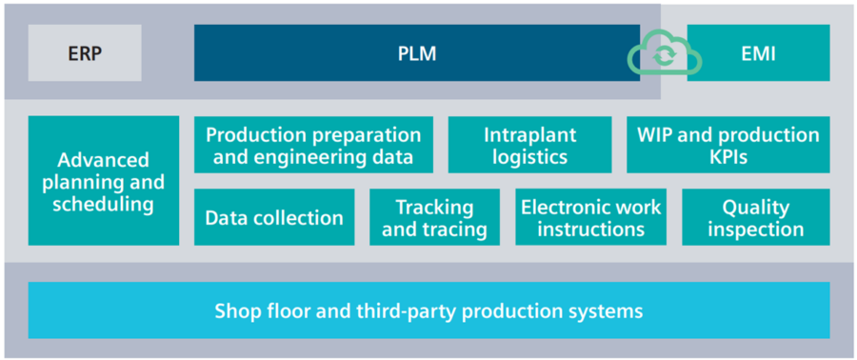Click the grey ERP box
pyautogui.click(x=85, y=53)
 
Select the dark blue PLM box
pyautogui.click(x=416, y=53)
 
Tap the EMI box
pyautogui.click(x=758, y=53)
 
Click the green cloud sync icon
pyautogui.click(x=664, y=55)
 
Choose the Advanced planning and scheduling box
pyautogui.click(x=104, y=181)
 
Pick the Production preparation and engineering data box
pyautogui.click(x=313, y=146)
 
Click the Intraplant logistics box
pyautogui.click(x=529, y=146)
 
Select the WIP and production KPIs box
pyautogui.click(x=727, y=146)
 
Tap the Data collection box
pyautogui.click(x=274, y=217)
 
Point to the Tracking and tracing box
pyautogui.click(x=434, y=217)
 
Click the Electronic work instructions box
pyautogui.click(x=590, y=217)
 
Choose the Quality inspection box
pyautogui.click(x=756, y=217)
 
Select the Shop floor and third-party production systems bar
pyautogui.click(x=428, y=310)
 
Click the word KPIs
pyautogui.click(x=728, y=157)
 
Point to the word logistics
pyautogui.click(x=529, y=157)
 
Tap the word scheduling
pyautogui.click(x=104, y=204)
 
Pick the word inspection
pyautogui.click(x=756, y=229)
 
